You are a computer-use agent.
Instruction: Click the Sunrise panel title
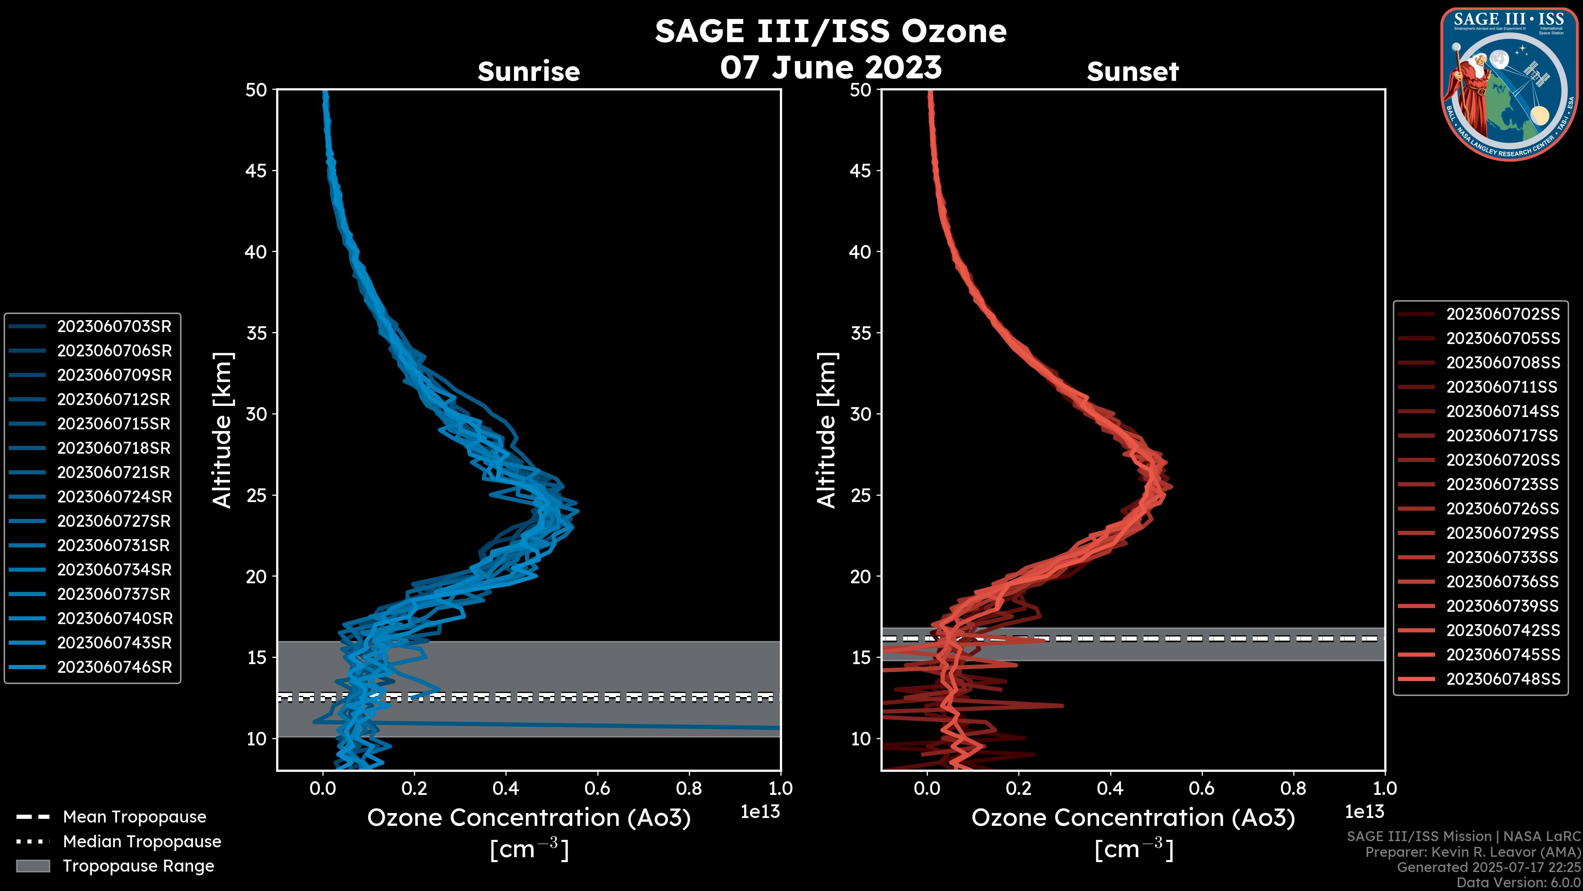[x=528, y=72]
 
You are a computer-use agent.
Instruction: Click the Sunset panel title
[x=1132, y=72]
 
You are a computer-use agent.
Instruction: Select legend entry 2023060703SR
[x=114, y=327]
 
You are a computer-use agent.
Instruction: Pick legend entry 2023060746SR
[x=114, y=667]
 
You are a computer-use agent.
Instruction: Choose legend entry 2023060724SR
[x=114, y=497]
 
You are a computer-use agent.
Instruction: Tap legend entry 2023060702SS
[x=1503, y=314]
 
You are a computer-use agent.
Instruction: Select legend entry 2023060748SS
[x=1503, y=679]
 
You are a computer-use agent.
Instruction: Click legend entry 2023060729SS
[x=1503, y=533]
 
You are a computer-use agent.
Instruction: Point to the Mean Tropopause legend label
[x=134, y=817]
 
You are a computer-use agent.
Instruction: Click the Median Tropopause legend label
[x=142, y=842]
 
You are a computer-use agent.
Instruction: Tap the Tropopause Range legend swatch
[x=33, y=866]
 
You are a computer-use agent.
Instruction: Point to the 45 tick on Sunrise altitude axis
[x=257, y=171]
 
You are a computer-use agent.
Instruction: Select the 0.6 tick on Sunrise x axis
[x=597, y=788]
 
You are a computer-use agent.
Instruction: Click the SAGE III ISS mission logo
[x=1509, y=84]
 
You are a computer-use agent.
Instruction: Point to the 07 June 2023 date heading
[x=831, y=67]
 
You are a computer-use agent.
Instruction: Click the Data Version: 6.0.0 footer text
[x=1518, y=883]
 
